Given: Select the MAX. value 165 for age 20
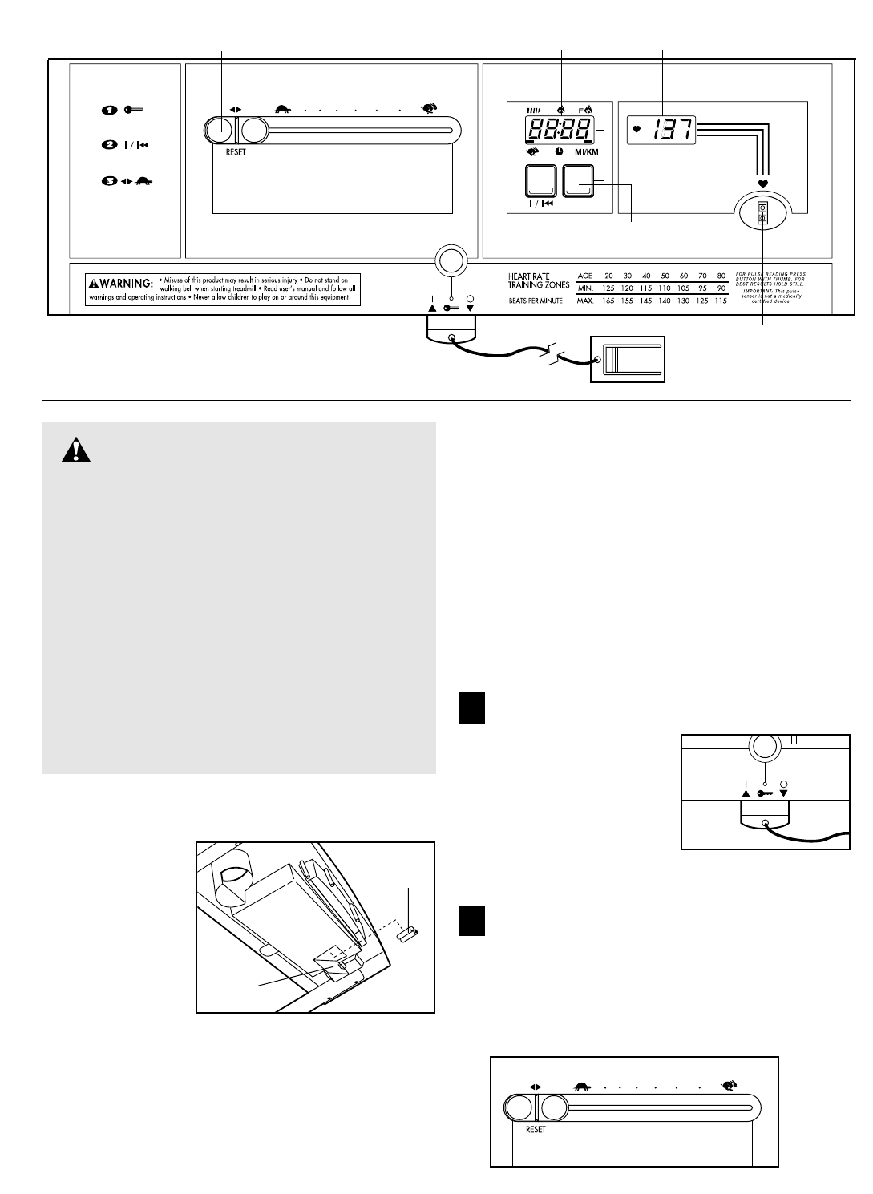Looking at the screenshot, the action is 609,301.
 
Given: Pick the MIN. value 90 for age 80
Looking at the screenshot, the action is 721,288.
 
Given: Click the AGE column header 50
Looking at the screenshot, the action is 665,276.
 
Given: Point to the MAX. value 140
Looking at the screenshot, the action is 665,301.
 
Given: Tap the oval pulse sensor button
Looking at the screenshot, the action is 762,212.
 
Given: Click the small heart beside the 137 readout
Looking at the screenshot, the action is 637,128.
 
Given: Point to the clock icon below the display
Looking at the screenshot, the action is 559,151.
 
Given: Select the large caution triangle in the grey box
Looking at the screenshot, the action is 77,451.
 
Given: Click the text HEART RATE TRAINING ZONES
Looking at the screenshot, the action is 539,280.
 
